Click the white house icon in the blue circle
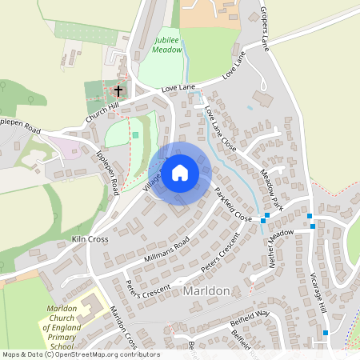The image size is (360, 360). [180, 172]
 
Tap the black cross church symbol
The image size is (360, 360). [119, 90]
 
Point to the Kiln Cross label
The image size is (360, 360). [90, 238]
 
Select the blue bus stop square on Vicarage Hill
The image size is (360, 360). [326, 332]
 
